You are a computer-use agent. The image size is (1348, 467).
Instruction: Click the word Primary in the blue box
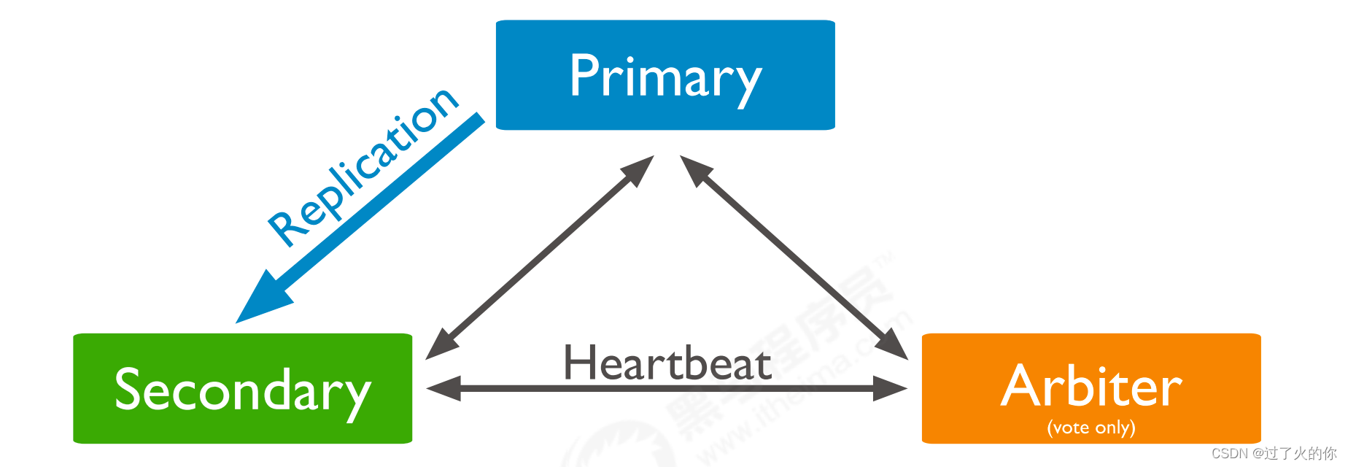[665, 76]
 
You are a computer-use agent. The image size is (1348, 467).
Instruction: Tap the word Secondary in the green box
[243, 390]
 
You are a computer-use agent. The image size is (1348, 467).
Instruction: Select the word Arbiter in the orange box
[1091, 386]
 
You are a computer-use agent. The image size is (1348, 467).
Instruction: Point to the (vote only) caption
[1091, 427]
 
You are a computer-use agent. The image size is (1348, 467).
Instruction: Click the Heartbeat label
[667, 363]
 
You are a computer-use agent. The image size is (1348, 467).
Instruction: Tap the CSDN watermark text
[1273, 453]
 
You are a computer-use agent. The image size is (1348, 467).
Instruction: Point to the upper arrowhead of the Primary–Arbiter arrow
[694, 169]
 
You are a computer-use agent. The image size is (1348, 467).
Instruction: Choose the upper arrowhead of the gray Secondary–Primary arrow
[639, 169]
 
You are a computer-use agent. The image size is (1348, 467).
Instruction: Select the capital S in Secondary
[129, 389]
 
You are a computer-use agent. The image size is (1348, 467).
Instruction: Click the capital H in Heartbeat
[580, 362]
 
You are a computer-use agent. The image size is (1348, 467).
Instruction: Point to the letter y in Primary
[745, 84]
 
